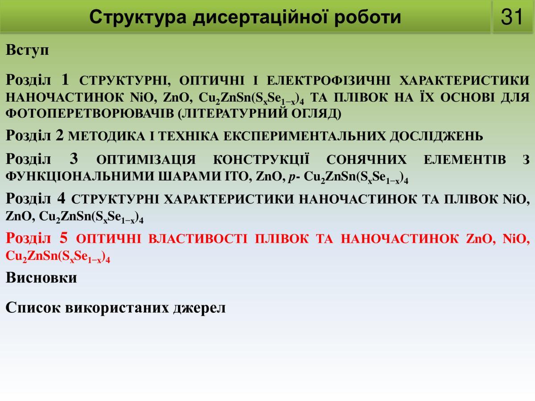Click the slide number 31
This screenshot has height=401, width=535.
coord(512,17)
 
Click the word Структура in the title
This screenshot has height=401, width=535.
coord(138,17)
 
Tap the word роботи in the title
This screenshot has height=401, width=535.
coord(368,17)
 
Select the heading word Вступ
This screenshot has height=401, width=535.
coord(27,51)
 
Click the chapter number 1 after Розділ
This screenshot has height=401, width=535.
coord(66,79)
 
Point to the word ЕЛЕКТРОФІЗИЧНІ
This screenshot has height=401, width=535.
coord(329,80)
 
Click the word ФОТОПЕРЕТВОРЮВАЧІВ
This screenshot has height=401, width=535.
coord(90,114)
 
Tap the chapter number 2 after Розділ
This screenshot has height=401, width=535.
coord(59,135)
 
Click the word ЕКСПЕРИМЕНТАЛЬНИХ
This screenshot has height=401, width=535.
coord(305,136)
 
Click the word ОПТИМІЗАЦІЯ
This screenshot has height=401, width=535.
coord(146,160)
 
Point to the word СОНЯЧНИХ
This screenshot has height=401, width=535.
coord(366,160)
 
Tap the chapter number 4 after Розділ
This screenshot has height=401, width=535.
coord(61,198)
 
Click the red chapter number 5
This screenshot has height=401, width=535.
coord(63,238)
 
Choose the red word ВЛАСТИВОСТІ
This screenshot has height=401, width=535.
coord(198,239)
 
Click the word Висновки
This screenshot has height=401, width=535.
coord(41,277)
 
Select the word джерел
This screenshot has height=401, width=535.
coord(199,308)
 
